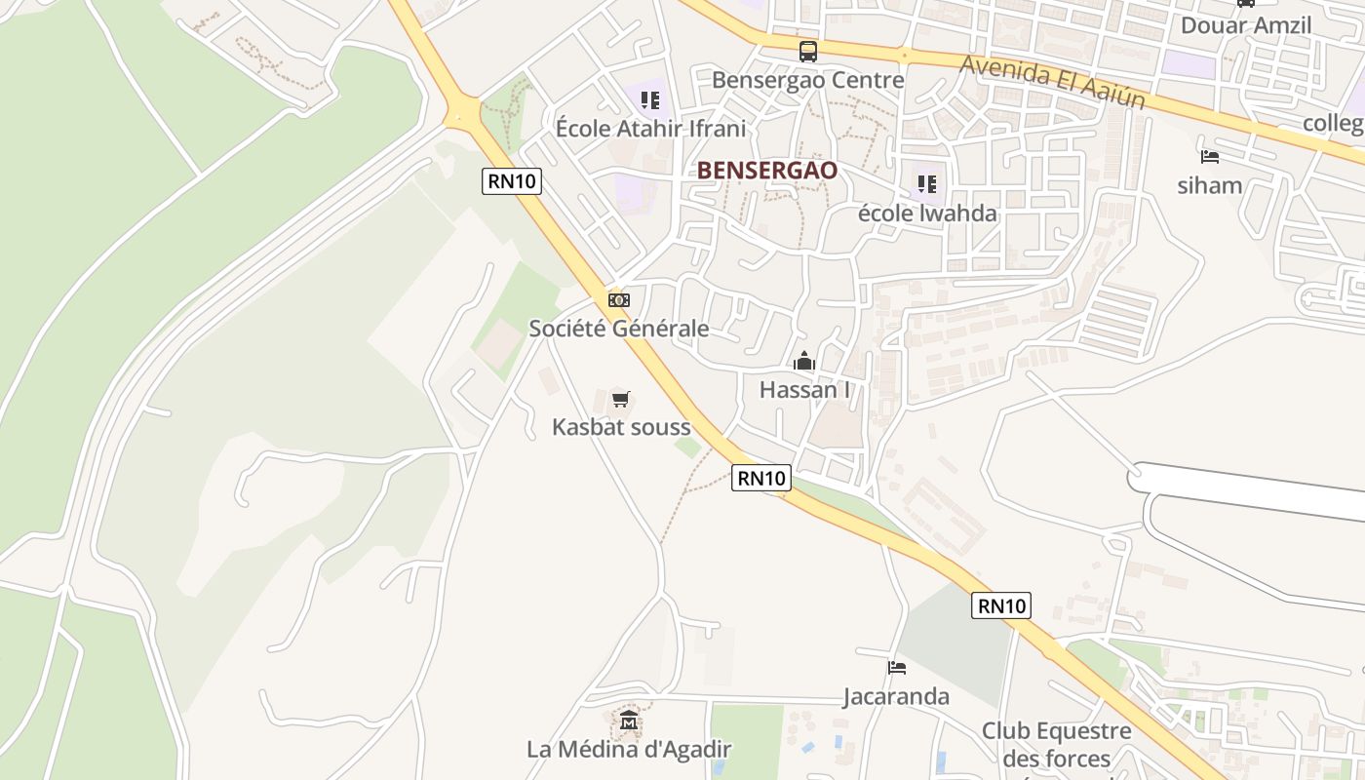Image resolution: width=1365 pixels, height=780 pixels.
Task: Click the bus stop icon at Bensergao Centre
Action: tap(807, 51)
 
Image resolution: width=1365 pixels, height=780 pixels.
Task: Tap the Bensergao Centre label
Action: tap(807, 80)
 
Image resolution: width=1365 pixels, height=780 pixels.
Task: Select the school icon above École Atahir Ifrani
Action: tap(650, 99)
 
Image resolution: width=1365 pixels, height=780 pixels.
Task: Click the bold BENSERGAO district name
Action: tap(766, 171)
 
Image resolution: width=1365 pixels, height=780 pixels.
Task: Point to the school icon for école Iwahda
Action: tap(926, 183)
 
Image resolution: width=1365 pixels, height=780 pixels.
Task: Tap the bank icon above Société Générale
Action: tap(618, 300)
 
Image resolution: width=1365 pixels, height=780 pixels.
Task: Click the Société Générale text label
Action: tap(618, 329)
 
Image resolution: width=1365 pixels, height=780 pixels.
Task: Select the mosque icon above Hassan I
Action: tap(804, 362)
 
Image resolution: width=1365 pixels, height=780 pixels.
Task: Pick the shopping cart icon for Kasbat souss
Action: tap(620, 399)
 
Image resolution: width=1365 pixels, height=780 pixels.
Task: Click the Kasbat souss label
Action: tap(621, 427)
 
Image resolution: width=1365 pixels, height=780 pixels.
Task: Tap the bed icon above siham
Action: tap(1210, 156)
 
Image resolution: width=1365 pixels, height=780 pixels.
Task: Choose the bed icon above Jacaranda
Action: tap(897, 668)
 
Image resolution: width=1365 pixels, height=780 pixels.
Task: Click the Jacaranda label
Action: tap(896, 696)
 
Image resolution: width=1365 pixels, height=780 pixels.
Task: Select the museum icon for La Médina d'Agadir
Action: tap(629, 721)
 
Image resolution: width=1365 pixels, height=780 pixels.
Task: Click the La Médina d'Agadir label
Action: tap(629, 750)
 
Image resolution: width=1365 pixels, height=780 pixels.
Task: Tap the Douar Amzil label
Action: tap(1246, 25)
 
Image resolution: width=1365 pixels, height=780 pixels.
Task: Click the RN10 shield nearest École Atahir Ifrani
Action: tap(511, 181)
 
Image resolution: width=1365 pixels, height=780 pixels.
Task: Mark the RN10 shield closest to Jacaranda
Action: tap(1001, 605)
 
